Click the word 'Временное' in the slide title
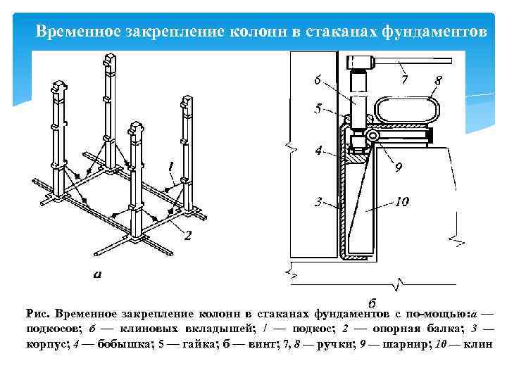pos(71,32)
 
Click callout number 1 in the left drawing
pos(170,166)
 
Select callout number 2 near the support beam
pos(187,236)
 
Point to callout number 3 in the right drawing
pos(318,202)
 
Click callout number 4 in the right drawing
pos(318,150)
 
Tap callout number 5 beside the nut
pos(319,109)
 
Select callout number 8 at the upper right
pos(438,80)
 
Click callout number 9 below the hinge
pos(398,167)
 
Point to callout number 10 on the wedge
pos(401,202)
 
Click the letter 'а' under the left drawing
pos(96,275)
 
